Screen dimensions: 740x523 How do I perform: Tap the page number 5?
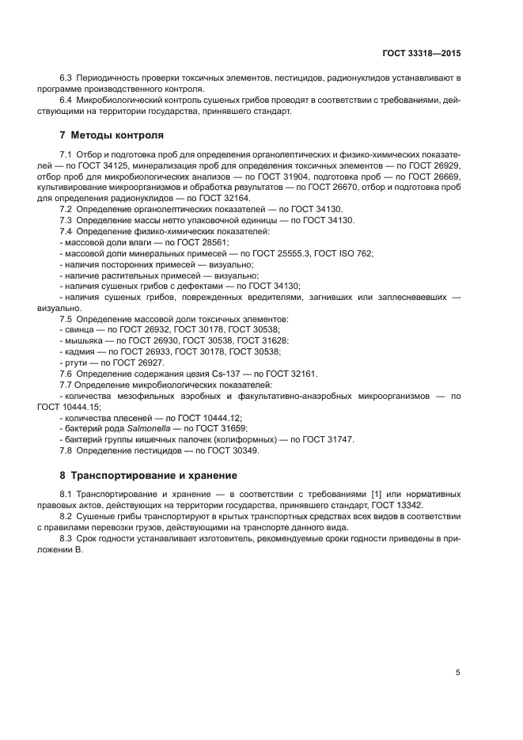[457, 672]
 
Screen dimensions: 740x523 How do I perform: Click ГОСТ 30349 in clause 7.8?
[230, 450]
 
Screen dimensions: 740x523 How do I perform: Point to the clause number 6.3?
[66, 78]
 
